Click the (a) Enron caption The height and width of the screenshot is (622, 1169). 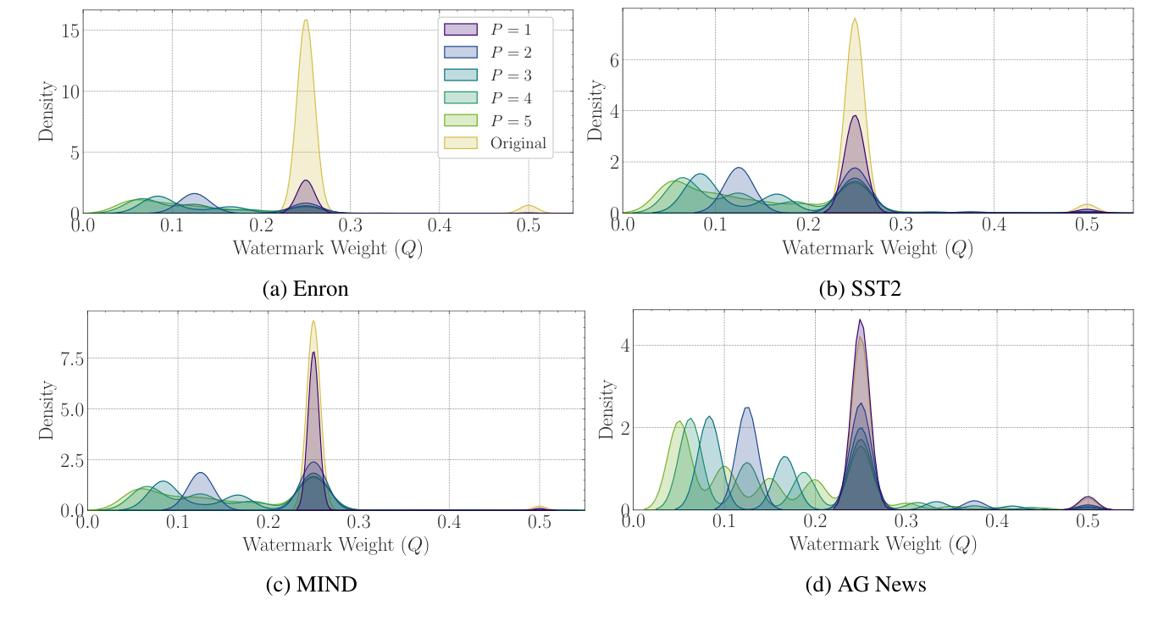(305, 288)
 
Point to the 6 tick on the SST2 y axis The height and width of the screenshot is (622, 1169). (613, 60)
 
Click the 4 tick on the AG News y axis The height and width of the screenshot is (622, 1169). (625, 346)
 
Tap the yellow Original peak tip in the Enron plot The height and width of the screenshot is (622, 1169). (305, 20)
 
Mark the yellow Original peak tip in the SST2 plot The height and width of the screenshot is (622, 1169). (855, 19)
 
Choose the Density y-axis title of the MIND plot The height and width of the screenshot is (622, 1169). (47, 410)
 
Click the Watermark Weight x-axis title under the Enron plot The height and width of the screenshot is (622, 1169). (327, 249)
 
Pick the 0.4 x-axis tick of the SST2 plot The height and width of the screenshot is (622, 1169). (994, 225)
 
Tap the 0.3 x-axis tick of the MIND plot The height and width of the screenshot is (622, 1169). (358, 523)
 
